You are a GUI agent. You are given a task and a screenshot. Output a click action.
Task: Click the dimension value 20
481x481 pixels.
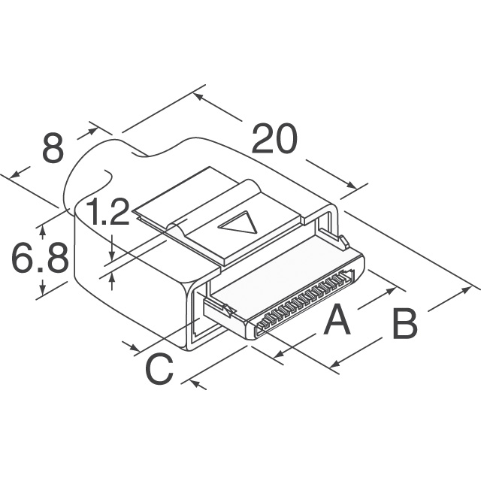click(x=274, y=138)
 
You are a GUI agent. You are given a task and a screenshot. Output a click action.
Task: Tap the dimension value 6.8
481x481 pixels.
click(x=40, y=258)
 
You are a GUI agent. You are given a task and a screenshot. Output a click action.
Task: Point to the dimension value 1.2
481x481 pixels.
click(x=107, y=211)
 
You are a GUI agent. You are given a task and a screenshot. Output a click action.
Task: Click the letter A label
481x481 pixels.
click(x=337, y=319)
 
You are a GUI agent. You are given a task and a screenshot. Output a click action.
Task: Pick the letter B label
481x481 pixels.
click(x=405, y=324)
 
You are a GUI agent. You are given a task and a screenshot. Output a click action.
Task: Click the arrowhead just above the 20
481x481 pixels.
click(x=198, y=96)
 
